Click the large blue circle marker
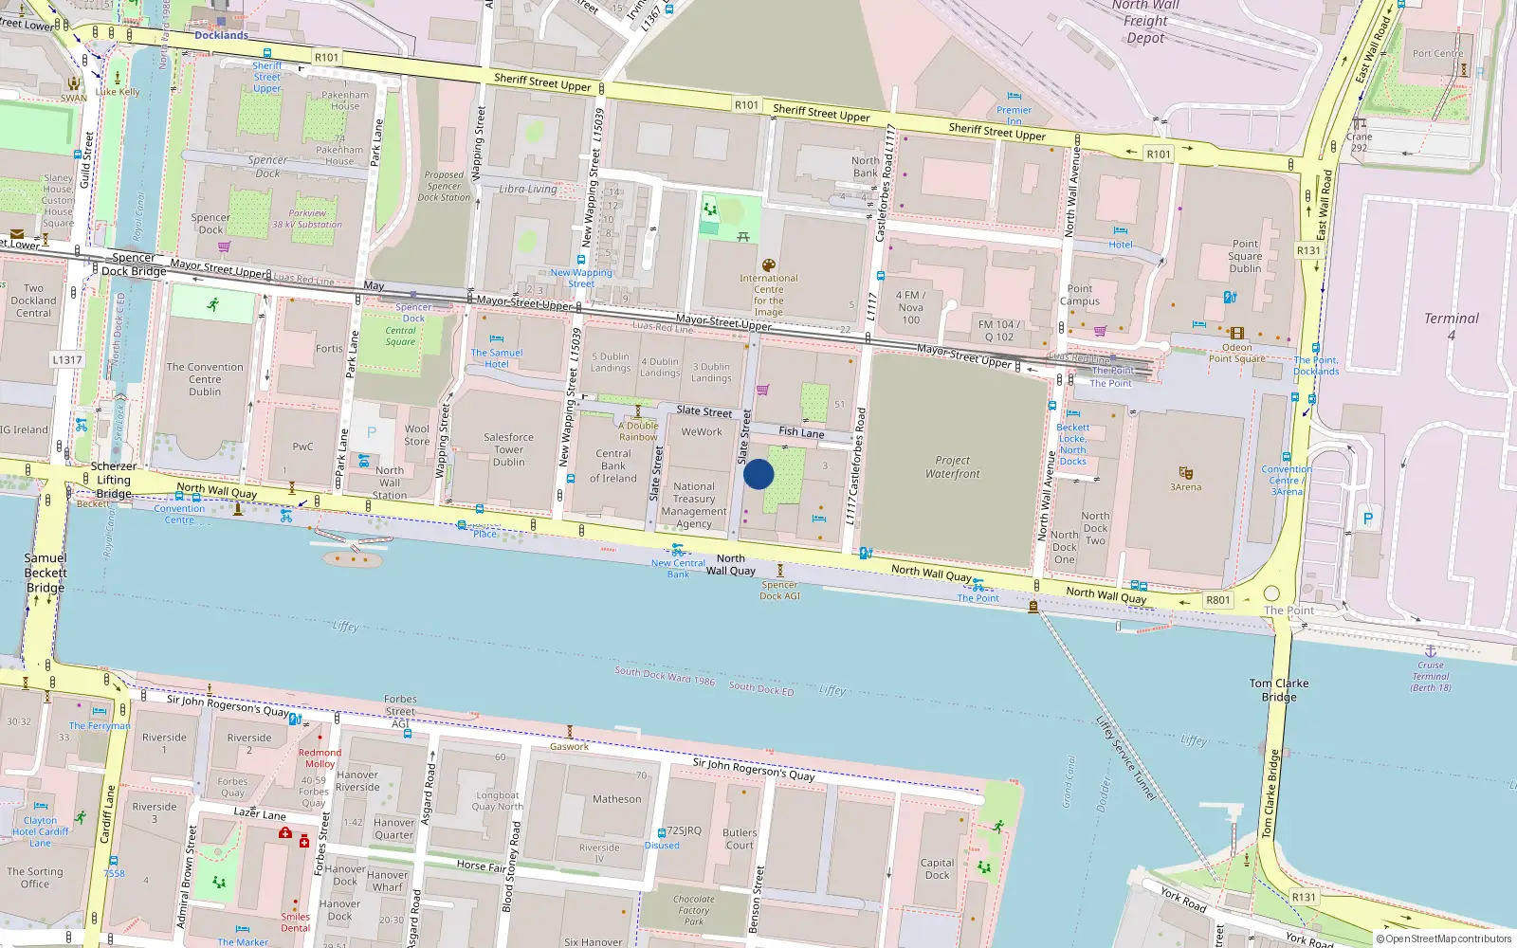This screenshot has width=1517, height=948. (x=758, y=474)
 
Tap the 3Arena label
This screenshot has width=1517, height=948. (x=1185, y=487)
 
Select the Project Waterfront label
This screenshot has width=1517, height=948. (x=953, y=467)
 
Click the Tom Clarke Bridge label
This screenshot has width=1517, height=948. (x=1278, y=689)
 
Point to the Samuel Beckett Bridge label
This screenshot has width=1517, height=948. (x=46, y=573)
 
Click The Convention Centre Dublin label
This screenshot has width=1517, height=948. (x=205, y=379)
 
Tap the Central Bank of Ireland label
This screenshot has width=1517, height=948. (x=613, y=465)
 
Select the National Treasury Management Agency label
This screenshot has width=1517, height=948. (x=694, y=504)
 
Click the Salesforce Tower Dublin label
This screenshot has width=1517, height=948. (x=508, y=449)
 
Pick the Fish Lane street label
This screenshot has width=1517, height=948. (x=801, y=432)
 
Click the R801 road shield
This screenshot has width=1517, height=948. (x=1218, y=599)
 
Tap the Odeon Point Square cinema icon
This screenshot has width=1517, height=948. (x=1236, y=333)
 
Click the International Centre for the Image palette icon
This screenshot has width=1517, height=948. (x=769, y=265)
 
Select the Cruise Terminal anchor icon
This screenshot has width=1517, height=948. (x=1431, y=651)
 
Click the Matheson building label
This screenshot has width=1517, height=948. (x=616, y=799)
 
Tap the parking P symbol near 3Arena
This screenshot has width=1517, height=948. (x=1367, y=519)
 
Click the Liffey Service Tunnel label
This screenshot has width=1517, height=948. (x=1125, y=758)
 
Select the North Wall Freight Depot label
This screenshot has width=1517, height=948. (x=1145, y=22)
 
